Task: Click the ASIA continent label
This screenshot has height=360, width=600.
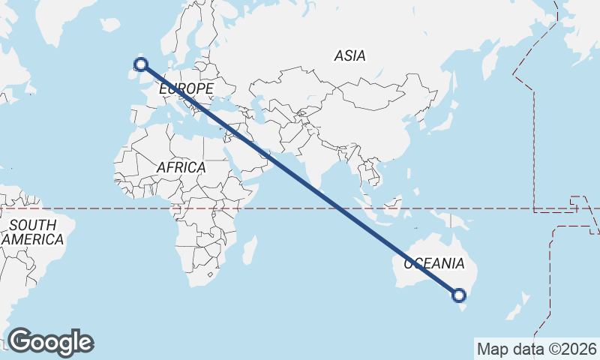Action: [349, 55]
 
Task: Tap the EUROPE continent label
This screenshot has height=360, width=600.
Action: [186, 89]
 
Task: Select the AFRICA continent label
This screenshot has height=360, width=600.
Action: [181, 168]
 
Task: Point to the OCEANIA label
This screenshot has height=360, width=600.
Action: [434, 263]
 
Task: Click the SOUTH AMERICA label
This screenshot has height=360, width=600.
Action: [33, 232]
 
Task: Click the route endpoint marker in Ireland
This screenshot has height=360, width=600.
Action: [139, 64]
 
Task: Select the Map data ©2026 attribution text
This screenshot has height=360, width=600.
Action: [537, 349]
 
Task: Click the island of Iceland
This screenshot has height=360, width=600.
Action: [110, 25]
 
